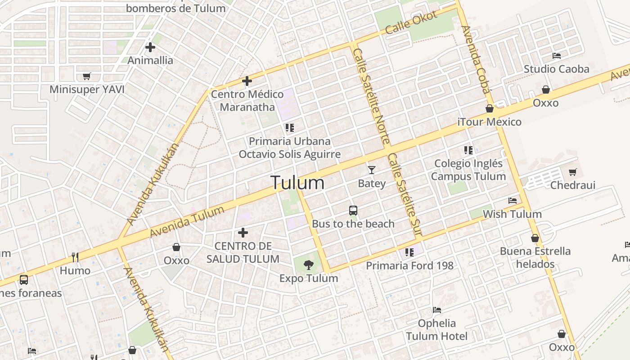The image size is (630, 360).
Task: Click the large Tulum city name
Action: (297, 183)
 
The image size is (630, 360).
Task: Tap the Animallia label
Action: (150, 60)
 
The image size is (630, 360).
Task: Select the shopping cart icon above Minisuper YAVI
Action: (87, 76)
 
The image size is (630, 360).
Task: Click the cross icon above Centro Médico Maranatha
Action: (247, 81)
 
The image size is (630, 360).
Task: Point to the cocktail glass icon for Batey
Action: (371, 170)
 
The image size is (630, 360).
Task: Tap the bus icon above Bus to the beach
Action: (353, 210)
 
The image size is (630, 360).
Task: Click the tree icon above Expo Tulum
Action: (308, 265)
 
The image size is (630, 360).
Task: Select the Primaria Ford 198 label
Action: (409, 265)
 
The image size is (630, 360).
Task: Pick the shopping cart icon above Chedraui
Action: (572, 172)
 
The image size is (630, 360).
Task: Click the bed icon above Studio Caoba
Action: (557, 56)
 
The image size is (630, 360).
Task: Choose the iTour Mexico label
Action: (489, 122)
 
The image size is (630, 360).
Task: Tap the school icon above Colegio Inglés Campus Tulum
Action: (468, 150)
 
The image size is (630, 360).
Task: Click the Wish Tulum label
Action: (512, 214)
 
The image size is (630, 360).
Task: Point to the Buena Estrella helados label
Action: (535, 257)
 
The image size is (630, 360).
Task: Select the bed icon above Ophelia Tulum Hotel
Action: (436, 310)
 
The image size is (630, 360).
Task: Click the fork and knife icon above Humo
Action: (75, 257)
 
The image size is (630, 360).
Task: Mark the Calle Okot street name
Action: (411, 22)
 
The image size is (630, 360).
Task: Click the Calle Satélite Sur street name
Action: (404, 194)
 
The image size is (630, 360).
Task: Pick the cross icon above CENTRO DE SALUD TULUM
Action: (243, 233)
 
